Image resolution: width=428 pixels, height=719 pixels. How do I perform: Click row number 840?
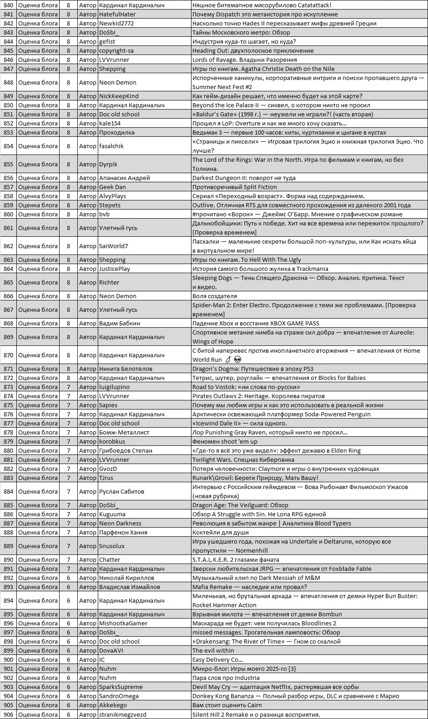[x=8, y=5]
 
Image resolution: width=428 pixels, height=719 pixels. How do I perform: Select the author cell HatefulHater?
[x=117, y=14]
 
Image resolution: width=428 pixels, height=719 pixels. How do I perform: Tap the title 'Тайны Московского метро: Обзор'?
[x=241, y=32]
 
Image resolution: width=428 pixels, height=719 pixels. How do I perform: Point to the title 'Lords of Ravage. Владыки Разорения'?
[x=244, y=60]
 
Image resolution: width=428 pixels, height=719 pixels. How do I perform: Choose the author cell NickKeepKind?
[x=119, y=96]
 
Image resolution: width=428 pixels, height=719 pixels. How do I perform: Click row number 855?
[x=8, y=164]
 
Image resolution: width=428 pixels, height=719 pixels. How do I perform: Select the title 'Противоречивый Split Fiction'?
[x=234, y=187]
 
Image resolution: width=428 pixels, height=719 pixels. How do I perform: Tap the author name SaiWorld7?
[x=113, y=246]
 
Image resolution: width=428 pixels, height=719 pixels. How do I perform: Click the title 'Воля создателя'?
[x=214, y=296]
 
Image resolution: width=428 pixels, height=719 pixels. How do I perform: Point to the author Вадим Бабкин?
[x=120, y=323]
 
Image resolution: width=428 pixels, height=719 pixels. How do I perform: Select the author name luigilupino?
[x=114, y=387]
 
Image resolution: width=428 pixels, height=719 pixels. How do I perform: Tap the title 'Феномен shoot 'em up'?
[x=225, y=441]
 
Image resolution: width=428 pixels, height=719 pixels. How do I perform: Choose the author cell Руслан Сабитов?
[x=121, y=491]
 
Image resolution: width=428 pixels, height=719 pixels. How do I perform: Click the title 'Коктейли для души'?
[x=220, y=532]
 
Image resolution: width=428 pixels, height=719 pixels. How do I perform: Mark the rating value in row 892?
[x=69, y=578]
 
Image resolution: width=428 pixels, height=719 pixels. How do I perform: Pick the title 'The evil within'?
[x=213, y=650]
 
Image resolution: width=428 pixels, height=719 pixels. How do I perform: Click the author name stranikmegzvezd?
[x=123, y=714]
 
